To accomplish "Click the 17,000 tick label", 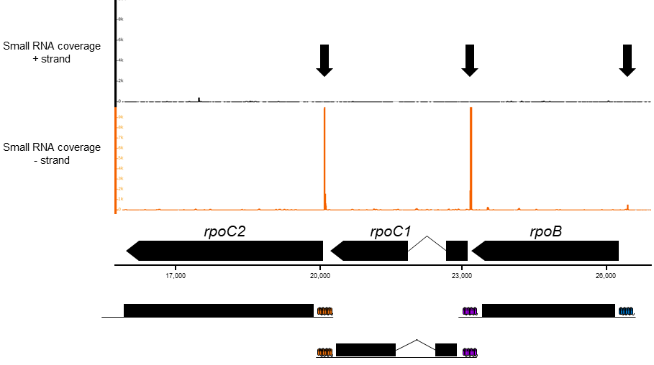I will tap(176, 275).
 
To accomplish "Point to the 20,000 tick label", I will tap(320, 275).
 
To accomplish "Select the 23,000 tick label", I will tap(462, 275).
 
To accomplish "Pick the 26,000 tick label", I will tap(607, 275).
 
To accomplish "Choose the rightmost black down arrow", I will tap(627, 60).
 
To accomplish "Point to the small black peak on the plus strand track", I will tap(199, 98).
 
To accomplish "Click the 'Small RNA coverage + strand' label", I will tap(51, 52).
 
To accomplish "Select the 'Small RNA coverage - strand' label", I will tap(51, 154).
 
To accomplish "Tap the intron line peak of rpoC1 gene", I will tap(427, 237).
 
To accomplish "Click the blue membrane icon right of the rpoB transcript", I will tap(626, 311).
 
